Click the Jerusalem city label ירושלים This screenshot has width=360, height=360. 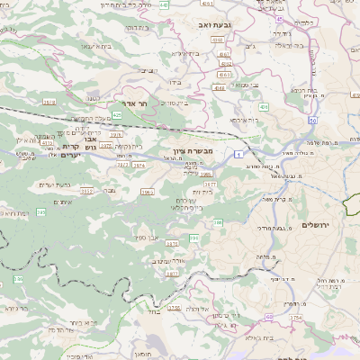[x=317, y=224]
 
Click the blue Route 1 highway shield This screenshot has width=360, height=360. [x=238, y=156]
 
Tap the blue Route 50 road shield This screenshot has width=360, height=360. [x=312, y=119]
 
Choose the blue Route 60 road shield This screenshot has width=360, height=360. [x=268, y=318]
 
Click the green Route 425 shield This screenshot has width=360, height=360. [x=117, y=115]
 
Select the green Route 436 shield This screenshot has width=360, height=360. [x=265, y=106]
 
